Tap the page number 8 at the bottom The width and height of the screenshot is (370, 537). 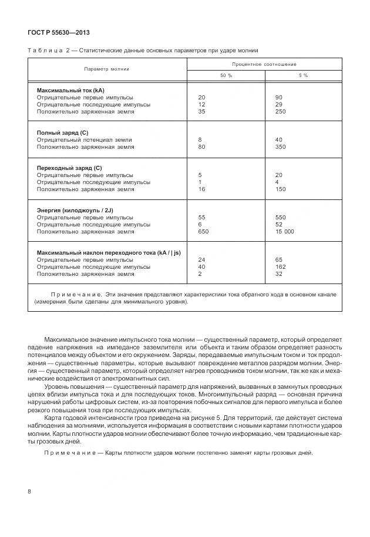click(x=29, y=491)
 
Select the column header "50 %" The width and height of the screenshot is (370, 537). click(x=226, y=76)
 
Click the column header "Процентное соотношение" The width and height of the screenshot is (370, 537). click(x=264, y=64)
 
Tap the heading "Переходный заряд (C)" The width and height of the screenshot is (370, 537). click(x=69, y=168)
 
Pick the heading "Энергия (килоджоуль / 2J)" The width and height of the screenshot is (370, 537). click(x=78, y=210)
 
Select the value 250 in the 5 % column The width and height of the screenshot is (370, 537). click(x=280, y=111)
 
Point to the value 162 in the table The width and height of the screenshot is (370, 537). click(x=280, y=266)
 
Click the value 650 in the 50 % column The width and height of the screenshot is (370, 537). click(x=204, y=231)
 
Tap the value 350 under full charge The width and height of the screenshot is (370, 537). click(x=280, y=146)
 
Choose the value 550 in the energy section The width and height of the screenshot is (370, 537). click(x=280, y=217)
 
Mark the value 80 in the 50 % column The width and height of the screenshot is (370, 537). click(x=202, y=146)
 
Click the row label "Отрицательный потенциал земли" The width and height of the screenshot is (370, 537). click(x=84, y=140)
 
